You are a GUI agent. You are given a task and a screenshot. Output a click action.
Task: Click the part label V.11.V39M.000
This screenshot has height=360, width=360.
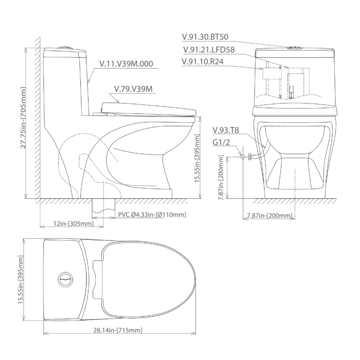(126, 64)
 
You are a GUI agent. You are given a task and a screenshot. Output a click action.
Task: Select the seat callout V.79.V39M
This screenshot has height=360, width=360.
(132, 89)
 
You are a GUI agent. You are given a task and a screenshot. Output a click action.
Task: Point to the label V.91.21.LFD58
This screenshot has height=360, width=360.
(209, 50)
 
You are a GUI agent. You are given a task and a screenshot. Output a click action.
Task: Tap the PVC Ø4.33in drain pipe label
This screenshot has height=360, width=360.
(152, 215)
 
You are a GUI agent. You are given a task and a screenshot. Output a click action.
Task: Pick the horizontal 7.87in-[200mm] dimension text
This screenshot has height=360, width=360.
(269, 215)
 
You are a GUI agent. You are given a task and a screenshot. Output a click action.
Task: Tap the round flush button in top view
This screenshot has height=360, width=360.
(65, 279)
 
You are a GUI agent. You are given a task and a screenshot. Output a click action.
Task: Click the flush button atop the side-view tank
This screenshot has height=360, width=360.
(65, 47)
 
